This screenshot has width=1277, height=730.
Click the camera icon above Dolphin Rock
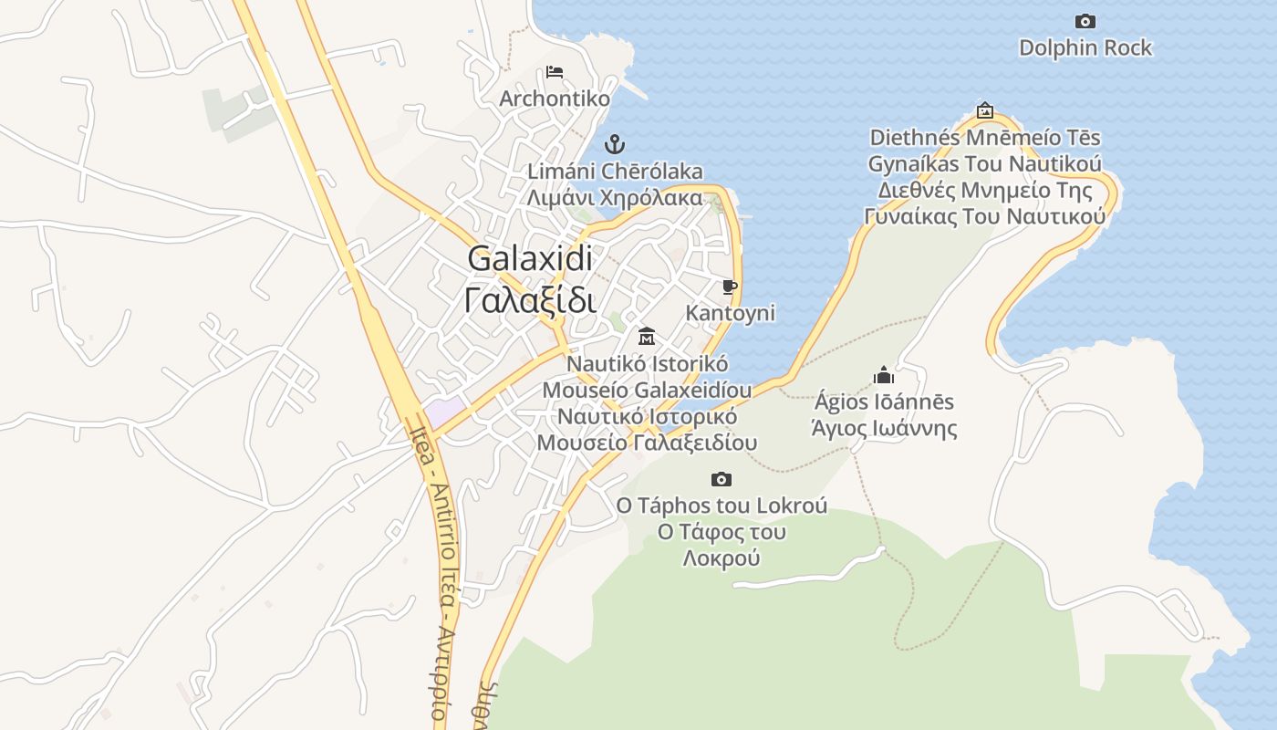click(1085, 21)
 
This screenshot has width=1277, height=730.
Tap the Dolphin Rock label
click(1085, 47)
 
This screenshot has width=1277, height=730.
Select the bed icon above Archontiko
click(554, 71)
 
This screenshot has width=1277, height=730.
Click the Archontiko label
click(555, 98)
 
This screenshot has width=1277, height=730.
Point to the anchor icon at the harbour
click(615, 143)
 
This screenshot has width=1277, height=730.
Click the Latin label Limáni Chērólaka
click(616, 171)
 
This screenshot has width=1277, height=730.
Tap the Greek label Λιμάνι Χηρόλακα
click(616, 197)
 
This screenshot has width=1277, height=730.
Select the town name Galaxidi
click(530, 258)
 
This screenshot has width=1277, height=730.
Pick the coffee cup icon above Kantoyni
click(729, 287)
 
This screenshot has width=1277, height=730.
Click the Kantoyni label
click(730, 313)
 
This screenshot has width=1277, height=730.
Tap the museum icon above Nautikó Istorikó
click(647, 336)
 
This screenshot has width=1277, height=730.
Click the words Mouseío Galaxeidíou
click(648, 390)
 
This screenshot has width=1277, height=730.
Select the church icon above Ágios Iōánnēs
click(883, 375)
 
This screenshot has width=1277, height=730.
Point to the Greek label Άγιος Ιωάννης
click(884, 428)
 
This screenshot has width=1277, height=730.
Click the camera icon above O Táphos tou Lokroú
click(721, 479)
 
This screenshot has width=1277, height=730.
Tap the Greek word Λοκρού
click(721, 558)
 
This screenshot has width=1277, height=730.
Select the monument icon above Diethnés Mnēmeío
click(984, 110)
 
